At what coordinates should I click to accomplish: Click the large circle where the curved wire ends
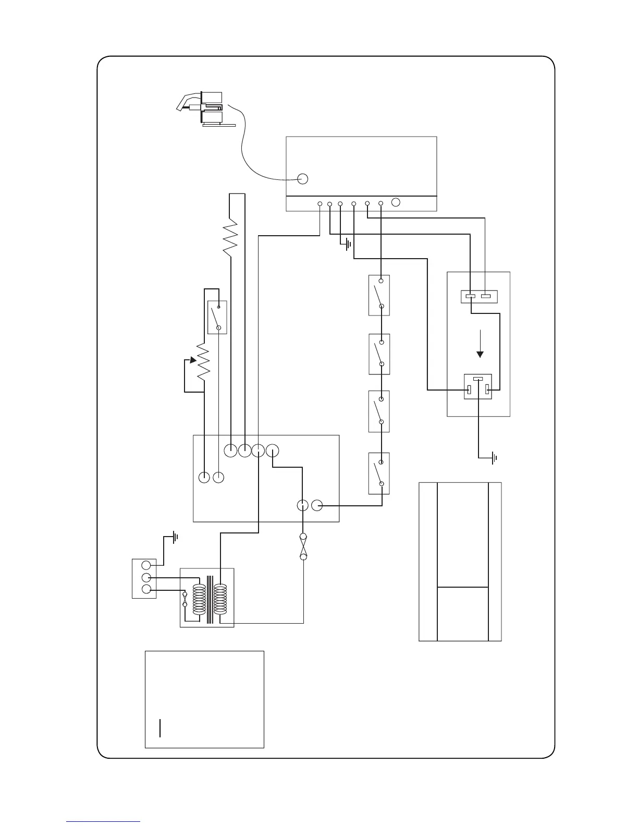(x=302, y=178)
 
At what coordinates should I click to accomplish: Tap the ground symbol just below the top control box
(x=348, y=244)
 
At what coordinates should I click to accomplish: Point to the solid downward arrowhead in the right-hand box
(x=481, y=354)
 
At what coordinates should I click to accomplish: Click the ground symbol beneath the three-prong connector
(x=493, y=458)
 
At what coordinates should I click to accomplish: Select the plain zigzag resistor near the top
(x=230, y=238)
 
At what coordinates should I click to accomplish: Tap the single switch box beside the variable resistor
(x=217, y=317)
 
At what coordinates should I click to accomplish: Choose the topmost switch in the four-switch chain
(x=379, y=295)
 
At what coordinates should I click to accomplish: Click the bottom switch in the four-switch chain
(x=379, y=473)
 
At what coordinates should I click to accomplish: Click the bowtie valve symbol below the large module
(x=303, y=547)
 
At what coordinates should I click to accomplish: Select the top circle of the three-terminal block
(x=146, y=565)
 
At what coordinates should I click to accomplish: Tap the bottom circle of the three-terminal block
(x=146, y=590)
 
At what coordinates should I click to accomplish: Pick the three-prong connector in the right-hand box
(x=477, y=387)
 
